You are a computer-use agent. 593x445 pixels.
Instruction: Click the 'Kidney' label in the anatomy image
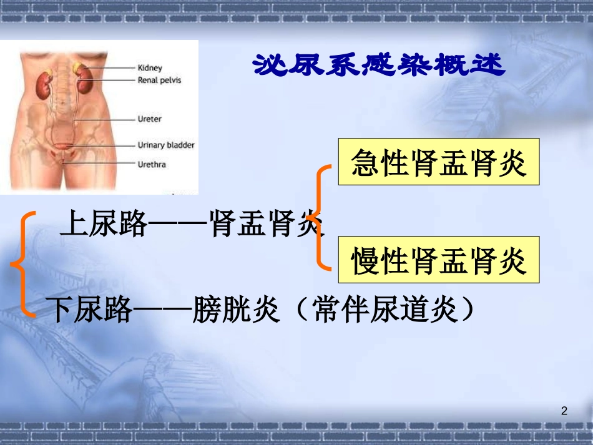[149, 68]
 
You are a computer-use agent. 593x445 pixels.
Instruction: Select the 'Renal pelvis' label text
[159, 81]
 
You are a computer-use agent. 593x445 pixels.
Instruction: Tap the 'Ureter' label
[149, 119]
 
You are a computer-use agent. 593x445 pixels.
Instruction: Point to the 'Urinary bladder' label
[165, 145]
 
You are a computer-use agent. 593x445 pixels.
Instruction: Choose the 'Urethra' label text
[152, 165]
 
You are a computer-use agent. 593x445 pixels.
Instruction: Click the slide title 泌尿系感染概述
[378, 64]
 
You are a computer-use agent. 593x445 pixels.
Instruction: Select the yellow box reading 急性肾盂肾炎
[438, 162]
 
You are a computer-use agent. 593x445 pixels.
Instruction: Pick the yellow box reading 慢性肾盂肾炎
[438, 260]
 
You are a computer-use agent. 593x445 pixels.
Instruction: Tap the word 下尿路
[91, 309]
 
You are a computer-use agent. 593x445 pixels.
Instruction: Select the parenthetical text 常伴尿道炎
[387, 309]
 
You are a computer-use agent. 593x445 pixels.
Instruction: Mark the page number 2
[564, 411]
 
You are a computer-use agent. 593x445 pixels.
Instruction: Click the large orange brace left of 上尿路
[22, 264]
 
